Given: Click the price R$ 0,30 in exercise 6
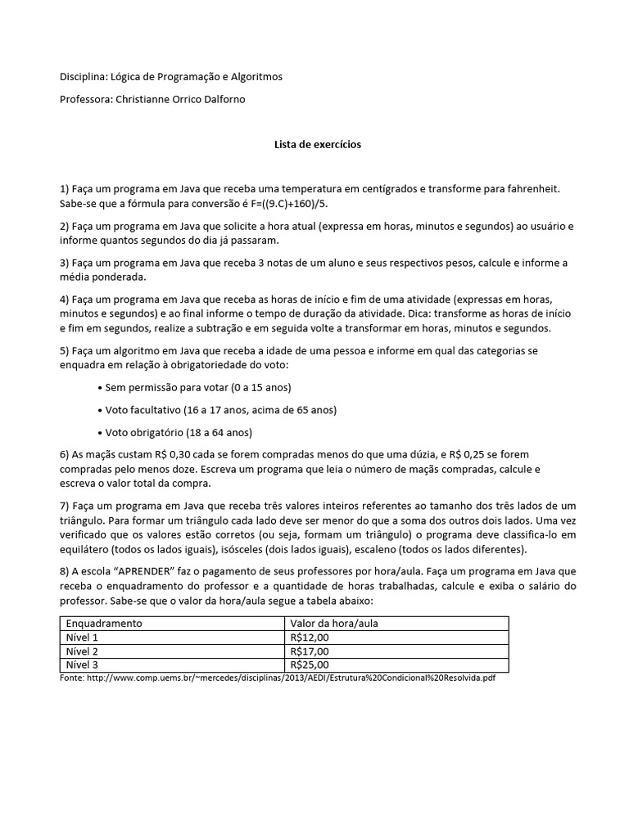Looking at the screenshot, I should pos(173,454).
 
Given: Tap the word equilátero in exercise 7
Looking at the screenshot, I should pos(92,549).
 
